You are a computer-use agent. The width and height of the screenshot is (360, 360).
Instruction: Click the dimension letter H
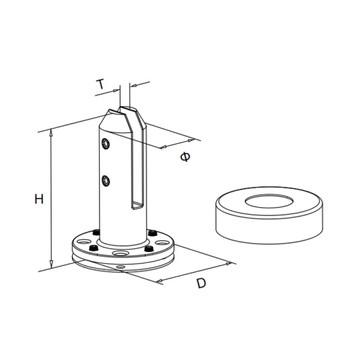[39, 199]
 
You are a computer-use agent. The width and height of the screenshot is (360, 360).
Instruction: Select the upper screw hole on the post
[106, 144]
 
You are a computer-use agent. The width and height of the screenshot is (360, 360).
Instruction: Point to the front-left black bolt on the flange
[94, 249]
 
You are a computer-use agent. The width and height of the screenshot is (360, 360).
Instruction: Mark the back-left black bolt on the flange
[95, 233]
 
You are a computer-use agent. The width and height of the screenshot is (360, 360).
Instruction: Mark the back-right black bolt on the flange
[152, 233]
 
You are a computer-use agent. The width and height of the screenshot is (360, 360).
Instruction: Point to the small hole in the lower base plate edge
[119, 266]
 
